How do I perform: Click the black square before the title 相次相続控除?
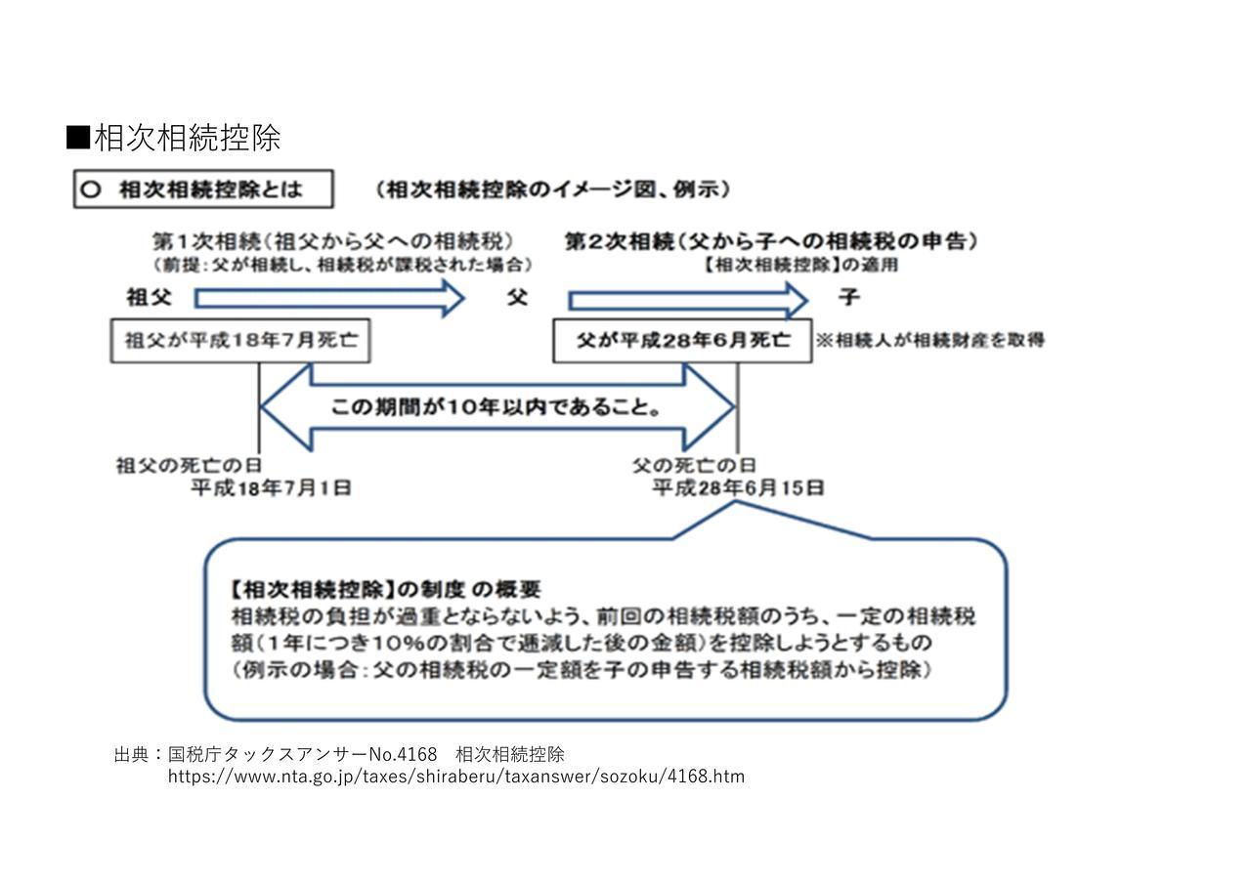pyautogui.click(x=78, y=138)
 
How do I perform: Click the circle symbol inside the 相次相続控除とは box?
pyautogui.click(x=91, y=189)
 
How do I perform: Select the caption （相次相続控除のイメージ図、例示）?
pyautogui.click(x=552, y=189)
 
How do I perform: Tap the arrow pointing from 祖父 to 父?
pyautogui.click(x=329, y=299)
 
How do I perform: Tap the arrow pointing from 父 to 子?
pyautogui.click(x=688, y=300)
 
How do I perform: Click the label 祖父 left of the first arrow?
pyautogui.click(x=150, y=297)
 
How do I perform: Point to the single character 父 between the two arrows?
pyautogui.click(x=517, y=297)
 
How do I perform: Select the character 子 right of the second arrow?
pyautogui.click(x=849, y=297)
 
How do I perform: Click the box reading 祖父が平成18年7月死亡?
pyautogui.click(x=240, y=341)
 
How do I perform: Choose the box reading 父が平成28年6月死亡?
pyautogui.click(x=682, y=341)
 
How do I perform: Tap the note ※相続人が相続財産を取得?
pyautogui.click(x=929, y=340)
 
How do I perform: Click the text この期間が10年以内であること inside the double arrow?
pyautogui.click(x=496, y=407)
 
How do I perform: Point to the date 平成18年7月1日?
pyautogui.click(x=272, y=488)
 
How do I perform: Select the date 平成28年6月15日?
pyautogui.click(x=738, y=488)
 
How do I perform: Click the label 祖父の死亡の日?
pyautogui.click(x=189, y=466)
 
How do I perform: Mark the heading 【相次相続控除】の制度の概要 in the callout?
pyautogui.click(x=385, y=589)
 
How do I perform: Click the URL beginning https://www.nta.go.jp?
pyautogui.click(x=456, y=777)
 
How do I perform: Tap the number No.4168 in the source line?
pyautogui.click(x=404, y=755)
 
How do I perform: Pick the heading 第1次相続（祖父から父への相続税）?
pyautogui.click(x=333, y=241)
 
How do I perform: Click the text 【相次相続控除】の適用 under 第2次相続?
pyautogui.click(x=799, y=264)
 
